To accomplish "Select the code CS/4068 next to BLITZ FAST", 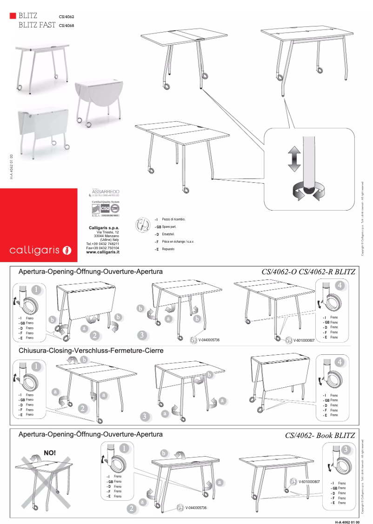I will (67, 26).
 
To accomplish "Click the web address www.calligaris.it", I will (103, 252).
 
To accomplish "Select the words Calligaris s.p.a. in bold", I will (104, 227).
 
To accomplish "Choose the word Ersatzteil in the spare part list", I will (168, 234).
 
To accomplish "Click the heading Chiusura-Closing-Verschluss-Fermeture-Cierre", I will (91, 350).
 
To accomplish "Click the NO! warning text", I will (49, 452).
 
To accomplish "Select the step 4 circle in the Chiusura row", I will (341, 361).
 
